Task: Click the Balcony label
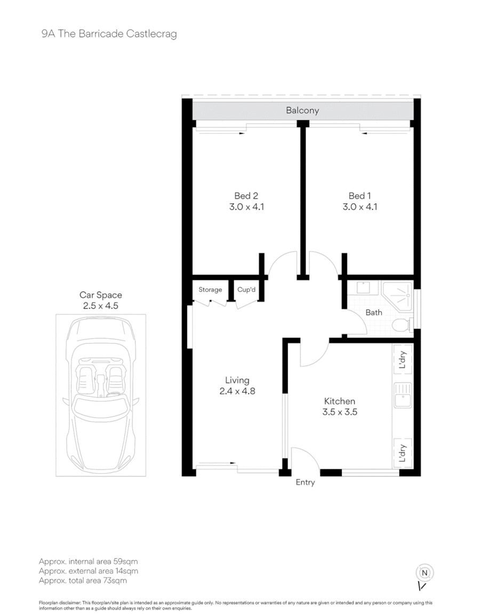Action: [x=302, y=111]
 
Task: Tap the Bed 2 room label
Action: [x=246, y=196]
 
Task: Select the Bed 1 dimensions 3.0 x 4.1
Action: [x=360, y=207]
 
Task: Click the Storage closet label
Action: [x=210, y=290]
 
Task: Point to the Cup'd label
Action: [x=246, y=289]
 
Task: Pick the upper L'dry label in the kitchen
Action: [x=403, y=360]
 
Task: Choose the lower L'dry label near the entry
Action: [x=403, y=453]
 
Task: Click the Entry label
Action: [x=305, y=483]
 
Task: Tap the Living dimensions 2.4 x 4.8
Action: [x=237, y=391]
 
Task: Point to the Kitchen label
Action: [x=340, y=402]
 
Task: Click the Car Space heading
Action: [x=100, y=295]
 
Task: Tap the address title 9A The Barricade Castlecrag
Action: [x=109, y=34]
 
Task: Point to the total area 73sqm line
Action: [x=83, y=581]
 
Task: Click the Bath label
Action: [x=374, y=312]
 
